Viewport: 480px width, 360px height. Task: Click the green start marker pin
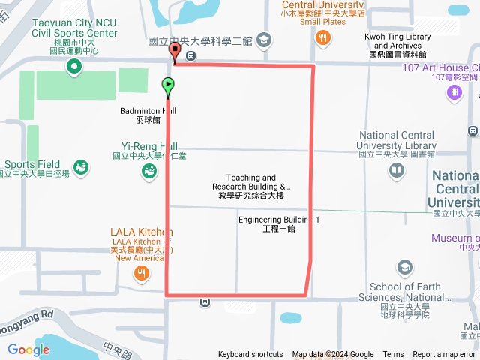(168, 85)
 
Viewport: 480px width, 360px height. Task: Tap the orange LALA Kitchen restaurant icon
(142, 274)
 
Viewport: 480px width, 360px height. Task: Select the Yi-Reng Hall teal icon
(149, 172)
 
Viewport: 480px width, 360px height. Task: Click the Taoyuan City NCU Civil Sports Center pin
(73, 68)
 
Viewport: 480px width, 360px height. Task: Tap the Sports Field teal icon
(81, 165)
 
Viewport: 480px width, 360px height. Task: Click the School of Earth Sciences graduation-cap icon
(405, 268)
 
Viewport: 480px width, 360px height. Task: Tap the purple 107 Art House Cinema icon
(454, 92)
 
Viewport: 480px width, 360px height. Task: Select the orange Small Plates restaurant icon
(323, 37)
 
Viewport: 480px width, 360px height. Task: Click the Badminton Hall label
(148, 115)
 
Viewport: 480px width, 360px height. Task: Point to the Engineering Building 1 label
(279, 223)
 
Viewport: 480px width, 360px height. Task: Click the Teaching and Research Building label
(250, 187)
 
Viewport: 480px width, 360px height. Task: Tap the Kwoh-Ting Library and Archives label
(397, 45)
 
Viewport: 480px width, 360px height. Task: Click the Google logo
(28, 349)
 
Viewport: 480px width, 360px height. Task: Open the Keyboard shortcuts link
(250, 355)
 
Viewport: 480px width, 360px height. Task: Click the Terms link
(393, 355)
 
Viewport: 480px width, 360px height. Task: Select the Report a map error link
(445, 355)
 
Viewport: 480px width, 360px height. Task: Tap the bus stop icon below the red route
(205, 302)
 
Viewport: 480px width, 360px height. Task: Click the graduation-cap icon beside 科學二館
(264, 40)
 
